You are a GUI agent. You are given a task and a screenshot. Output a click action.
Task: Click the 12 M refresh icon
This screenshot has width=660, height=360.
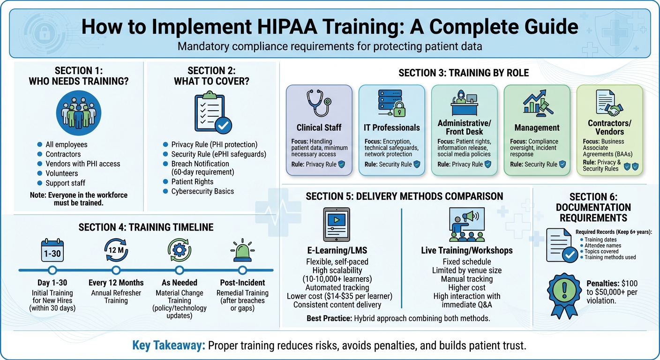116,250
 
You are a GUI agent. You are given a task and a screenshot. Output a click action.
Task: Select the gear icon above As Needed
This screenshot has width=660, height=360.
179,250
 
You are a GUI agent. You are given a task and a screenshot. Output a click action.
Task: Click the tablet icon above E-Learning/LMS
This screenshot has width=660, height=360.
337,224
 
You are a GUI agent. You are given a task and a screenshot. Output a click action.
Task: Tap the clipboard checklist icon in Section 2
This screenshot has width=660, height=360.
212,113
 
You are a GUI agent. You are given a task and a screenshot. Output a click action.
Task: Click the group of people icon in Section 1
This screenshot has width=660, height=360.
78,113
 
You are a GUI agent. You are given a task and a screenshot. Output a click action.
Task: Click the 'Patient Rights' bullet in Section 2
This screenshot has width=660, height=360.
192,181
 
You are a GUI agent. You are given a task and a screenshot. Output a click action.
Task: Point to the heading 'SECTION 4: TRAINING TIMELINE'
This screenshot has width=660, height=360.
146,227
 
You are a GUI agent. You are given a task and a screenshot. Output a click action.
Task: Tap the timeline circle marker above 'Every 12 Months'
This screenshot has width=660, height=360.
116,270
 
